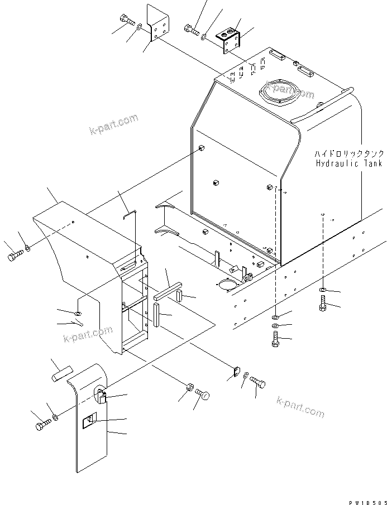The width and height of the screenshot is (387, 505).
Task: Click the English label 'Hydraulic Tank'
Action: [348, 163]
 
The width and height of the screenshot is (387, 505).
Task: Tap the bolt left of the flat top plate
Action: [130, 24]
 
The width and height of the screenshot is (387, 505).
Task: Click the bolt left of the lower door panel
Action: [42, 426]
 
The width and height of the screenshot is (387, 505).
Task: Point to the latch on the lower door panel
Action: [102, 396]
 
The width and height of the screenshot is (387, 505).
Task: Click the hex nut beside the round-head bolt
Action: [189, 387]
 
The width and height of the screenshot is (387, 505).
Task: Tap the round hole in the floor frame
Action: [228, 285]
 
